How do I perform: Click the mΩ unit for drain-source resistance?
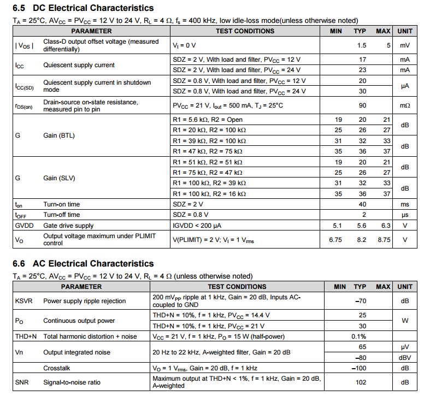coord(404,105)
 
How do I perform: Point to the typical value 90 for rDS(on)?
coord(362,105)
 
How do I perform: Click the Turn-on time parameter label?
coord(62,204)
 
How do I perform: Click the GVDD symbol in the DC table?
coord(24,225)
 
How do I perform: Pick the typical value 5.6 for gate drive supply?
coord(362,225)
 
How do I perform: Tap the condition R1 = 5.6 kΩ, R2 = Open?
coord(207,120)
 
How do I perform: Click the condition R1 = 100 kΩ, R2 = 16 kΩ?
coord(209,194)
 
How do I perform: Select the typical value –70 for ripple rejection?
coord(360,301)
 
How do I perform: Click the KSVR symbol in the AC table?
coord(24,301)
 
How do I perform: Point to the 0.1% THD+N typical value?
coord(358,336)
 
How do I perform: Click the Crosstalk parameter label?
coord(57,368)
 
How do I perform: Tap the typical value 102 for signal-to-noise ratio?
coord(361,382)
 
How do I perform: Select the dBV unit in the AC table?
coord(405,358)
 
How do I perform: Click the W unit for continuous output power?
coord(405,321)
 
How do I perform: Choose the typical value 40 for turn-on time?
coord(362,204)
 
